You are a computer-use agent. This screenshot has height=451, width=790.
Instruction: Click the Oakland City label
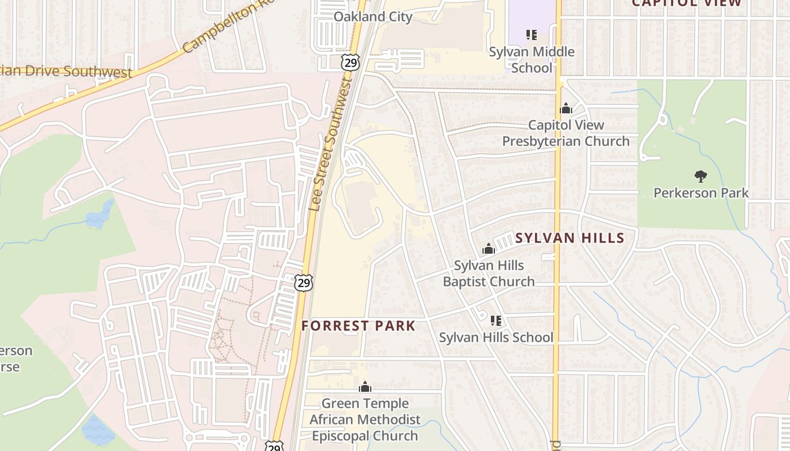pyautogui.click(x=372, y=17)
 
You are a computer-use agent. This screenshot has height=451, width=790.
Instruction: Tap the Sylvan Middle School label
pyautogui.click(x=532, y=60)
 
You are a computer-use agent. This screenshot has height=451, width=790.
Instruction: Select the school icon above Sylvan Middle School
pyautogui.click(x=532, y=35)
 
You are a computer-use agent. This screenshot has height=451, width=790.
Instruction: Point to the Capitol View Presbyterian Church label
pyautogui.click(x=566, y=133)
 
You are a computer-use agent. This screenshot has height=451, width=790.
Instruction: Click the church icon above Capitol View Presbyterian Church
pyautogui.click(x=566, y=109)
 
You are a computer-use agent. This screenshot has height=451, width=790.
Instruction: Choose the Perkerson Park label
pyautogui.click(x=701, y=193)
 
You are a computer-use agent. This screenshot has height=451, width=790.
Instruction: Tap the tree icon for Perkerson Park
pyautogui.click(x=701, y=176)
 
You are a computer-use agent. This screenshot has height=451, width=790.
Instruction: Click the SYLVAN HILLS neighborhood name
pyautogui.click(x=570, y=238)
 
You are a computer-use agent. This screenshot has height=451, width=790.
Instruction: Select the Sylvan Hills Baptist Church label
pyautogui.click(x=489, y=273)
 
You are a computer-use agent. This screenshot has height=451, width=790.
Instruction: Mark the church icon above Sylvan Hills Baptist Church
pyautogui.click(x=489, y=249)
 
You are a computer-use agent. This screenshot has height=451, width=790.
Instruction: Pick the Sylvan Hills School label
pyautogui.click(x=496, y=338)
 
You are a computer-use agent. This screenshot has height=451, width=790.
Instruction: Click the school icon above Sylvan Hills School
pyautogui.click(x=496, y=321)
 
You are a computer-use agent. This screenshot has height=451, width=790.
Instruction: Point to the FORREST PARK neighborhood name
pyautogui.click(x=358, y=326)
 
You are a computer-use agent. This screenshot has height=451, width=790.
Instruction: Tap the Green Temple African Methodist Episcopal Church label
pyautogui.click(x=365, y=419)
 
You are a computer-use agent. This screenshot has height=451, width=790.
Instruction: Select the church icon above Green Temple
pyautogui.click(x=365, y=387)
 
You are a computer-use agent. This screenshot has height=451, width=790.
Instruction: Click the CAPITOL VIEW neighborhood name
pyautogui.click(x=686, y=3)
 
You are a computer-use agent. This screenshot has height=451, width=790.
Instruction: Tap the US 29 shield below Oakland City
pyautogui.click(x=350, y=62)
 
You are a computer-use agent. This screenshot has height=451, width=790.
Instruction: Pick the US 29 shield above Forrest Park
pyautogui.click(x=304, y=282)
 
